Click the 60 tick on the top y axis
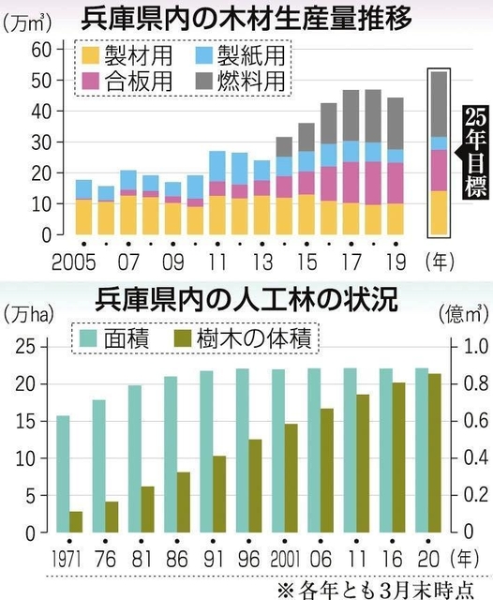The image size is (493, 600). [x=40, y=49]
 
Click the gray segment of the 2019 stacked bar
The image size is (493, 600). [x=395, y=123]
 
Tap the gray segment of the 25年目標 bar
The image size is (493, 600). [x=438, y=103]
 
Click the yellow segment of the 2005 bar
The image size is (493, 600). [x=83, y=217]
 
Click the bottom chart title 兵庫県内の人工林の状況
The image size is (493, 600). [x=246, y=302]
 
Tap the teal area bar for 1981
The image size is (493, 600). [x=135, y=458]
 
